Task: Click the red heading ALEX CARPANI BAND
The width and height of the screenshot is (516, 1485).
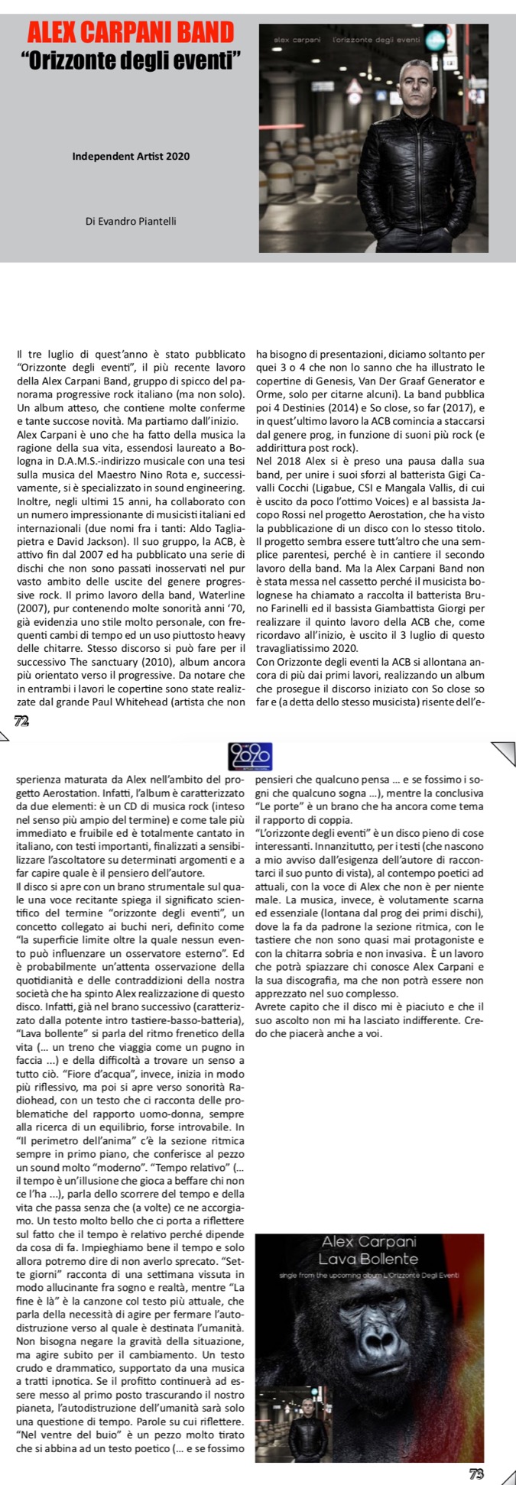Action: [x=130, y=32]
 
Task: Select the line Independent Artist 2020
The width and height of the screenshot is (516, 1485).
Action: [x=131, y=157]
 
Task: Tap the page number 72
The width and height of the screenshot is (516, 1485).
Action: [x=22, y=720]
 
